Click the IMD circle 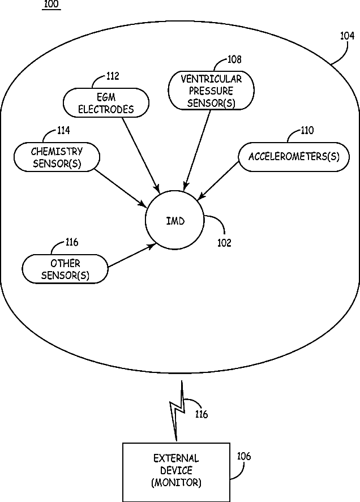pos(175,221)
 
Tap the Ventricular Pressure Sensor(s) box pos(211,91)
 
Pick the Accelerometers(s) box pos(294,157)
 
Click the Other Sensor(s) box pos(65,269)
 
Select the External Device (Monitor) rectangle pos(176,471)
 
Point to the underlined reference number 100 pos(51,5)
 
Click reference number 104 pos(347,36)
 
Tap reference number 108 pos(234,59)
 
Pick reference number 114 pos(63,131)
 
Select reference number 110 pos(307,131)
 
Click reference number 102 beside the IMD pos(224,243)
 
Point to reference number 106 pos(244,456)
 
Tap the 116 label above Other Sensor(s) pos(72,243)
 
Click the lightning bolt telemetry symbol pos(177,412)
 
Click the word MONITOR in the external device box pos(176,483)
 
